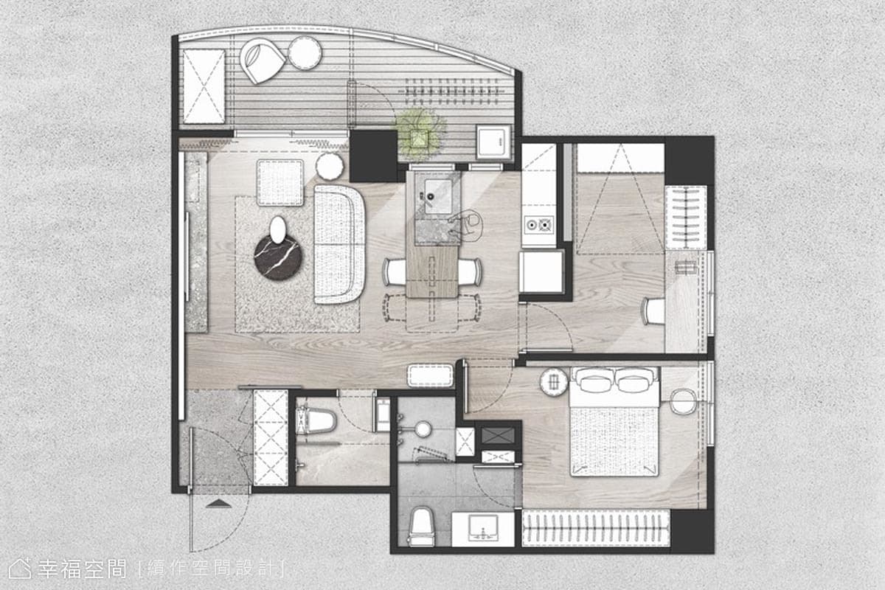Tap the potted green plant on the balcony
[419, 133]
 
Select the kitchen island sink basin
[438, 196]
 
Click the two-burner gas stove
[538, 225]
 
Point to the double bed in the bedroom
[614, 422]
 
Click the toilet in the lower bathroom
[422, 527]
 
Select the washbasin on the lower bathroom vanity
[482, 529]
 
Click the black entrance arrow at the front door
[218, 503]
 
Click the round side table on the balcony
[305, 53]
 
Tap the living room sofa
[339, 244]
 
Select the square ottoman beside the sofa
[280, 183]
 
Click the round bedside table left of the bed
[554, 382]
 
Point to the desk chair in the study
[653, 311]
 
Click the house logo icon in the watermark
[19, 569]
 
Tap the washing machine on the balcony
[494, 142]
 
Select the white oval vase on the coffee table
[278, 229]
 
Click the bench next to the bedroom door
[431, 376]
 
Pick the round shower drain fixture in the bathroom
[423, 429]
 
